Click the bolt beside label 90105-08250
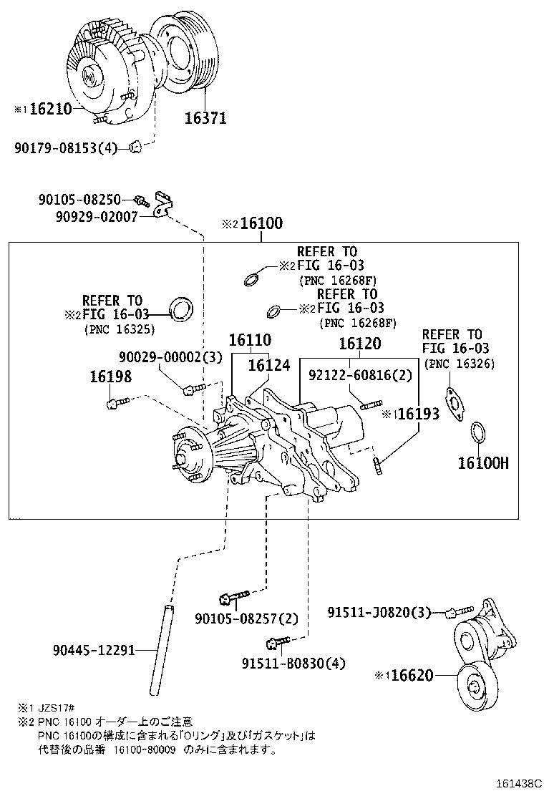pyautogui.click(x=140, y=200)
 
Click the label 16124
pyautogui.click(x=269, y=365)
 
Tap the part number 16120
pyautogui.click(x=359, y=344)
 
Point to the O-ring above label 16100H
pyautogui.click(x=479, y=433)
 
